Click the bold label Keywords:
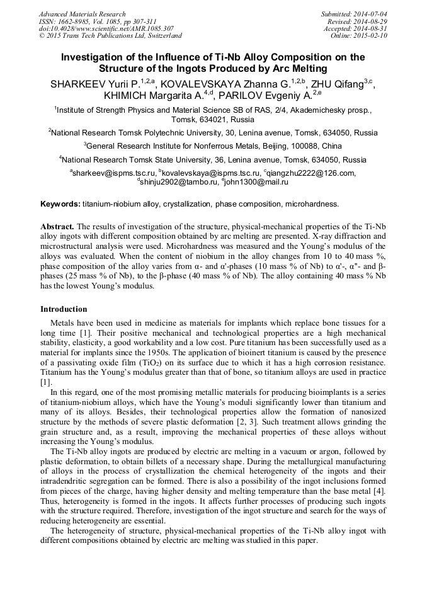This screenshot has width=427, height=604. [60, 204]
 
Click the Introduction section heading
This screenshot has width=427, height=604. [64, 309]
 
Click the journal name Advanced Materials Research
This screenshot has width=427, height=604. [83, 14]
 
